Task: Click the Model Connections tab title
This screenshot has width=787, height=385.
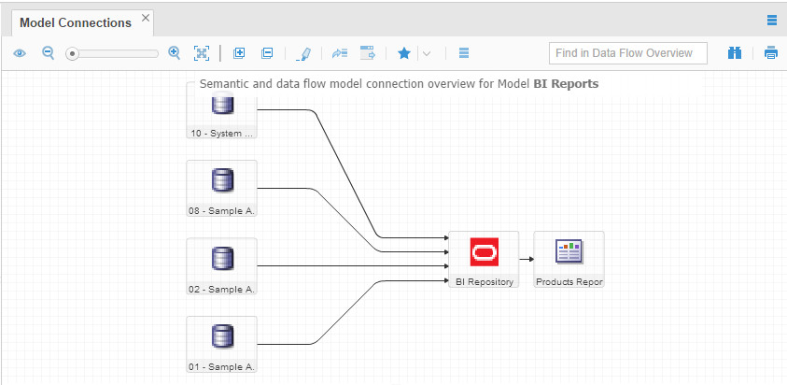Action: click(76, 23)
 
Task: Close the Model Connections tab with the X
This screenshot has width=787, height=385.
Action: click(146, 18)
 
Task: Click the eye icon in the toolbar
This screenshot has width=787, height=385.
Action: click(20, 52)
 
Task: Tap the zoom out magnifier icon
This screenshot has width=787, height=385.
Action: click(49, 52)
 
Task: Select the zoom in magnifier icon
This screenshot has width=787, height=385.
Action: click(175, 52)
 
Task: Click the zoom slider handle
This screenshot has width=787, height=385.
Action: click(72, 53)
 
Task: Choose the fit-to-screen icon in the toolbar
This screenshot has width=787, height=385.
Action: click(202, 52)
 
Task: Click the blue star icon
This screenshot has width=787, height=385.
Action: click(404, 52)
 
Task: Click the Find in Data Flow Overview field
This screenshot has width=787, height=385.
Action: click(628, 52)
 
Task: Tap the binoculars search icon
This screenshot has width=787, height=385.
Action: click(735, 52)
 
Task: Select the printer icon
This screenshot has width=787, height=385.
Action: click(771, 52)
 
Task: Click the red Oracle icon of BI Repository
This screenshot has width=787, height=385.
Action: click(485, 251)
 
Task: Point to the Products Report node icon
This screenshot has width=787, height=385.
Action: click(569, 251)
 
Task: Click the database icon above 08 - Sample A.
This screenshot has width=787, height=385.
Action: click(222, 180)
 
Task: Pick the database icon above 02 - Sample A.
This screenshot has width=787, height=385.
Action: click(222, 258)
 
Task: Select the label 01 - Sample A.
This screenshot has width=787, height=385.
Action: click(222, 367)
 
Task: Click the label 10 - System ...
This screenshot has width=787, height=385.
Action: click(222, 134)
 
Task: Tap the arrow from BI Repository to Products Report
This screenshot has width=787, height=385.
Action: click(527, 260)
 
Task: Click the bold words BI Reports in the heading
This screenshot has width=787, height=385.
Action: click(566, 84)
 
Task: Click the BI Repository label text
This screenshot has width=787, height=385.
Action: click(485, 282)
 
